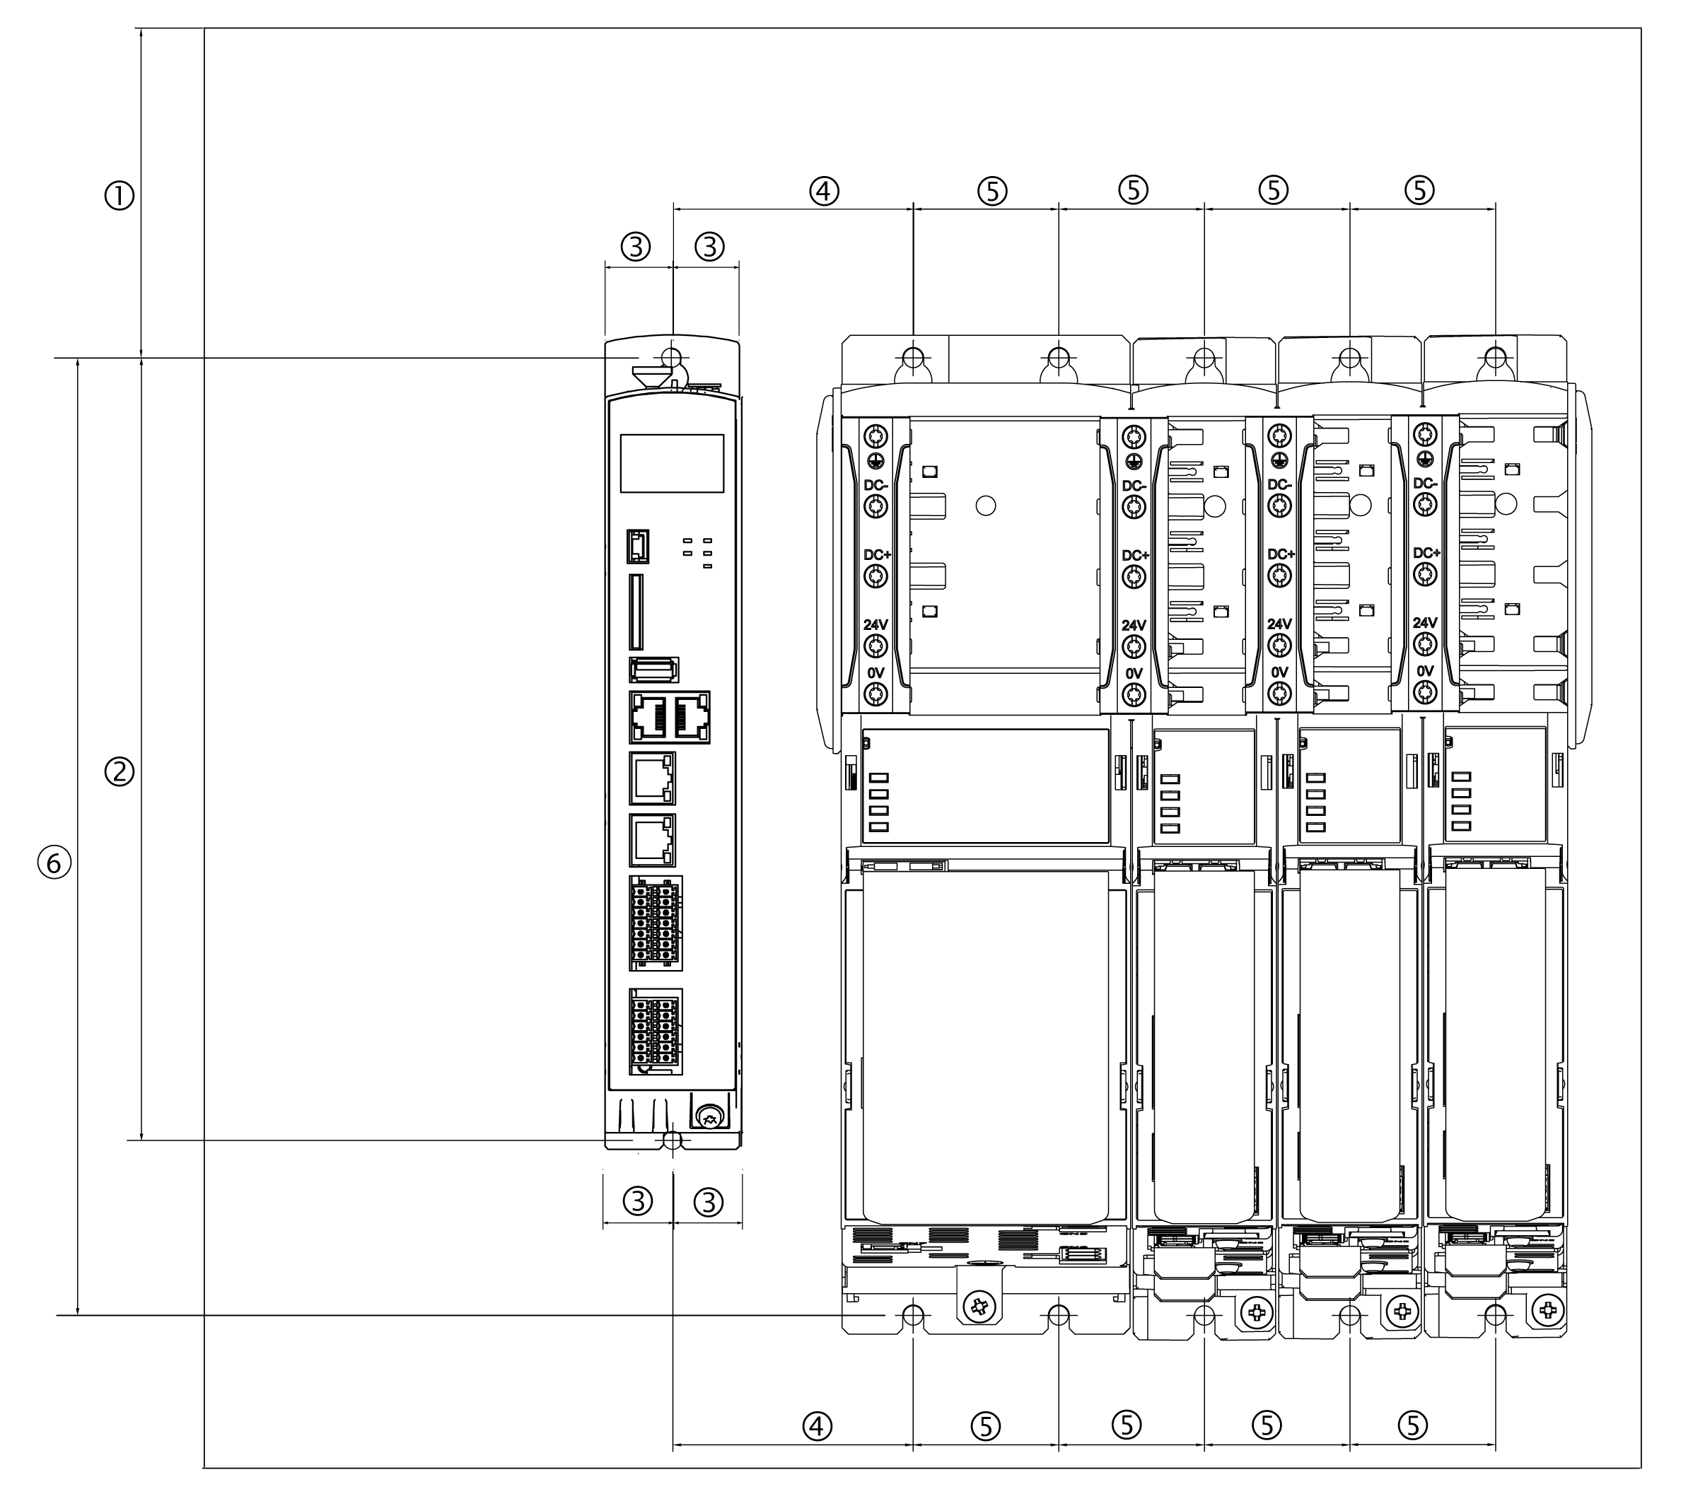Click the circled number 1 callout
pos(120,197)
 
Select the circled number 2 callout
pos(120,772)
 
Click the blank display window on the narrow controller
pos(672,463)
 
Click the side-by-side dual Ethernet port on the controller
pos(669,717)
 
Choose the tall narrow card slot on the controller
pos(635,612)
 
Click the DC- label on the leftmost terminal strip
pos(876,485)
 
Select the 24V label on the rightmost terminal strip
pos(1425,623)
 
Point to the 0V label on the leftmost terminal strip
pos(875,673)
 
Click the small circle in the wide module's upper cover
pos(986,505)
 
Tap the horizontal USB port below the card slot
pos(653,668)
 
